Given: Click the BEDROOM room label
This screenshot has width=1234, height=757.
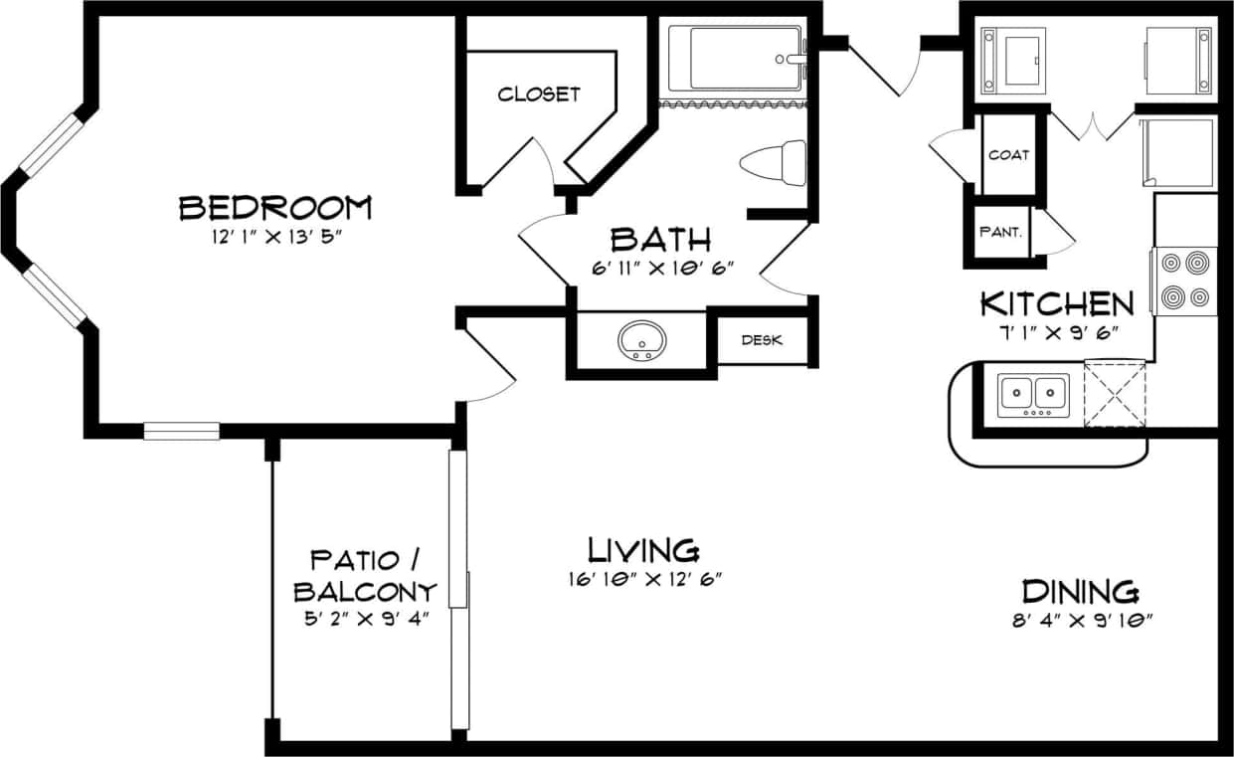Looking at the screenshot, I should tap(274, 208).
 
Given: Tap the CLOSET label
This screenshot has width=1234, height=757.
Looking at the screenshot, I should tap(538, 95).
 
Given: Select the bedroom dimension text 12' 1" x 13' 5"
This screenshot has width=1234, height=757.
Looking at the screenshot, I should tap(274, 238).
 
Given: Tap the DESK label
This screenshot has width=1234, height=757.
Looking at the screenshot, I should tap(762, 340).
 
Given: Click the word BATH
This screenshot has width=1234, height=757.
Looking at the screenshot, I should tap(660, 239).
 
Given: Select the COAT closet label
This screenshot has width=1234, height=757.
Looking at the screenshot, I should tap(1008, 155).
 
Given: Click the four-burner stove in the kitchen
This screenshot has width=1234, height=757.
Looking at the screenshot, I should tap(1185, 281).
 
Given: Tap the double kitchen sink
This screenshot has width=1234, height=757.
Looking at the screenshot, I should tap(1034, 396).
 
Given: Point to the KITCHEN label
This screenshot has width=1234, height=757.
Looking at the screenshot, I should tap(1057, 302).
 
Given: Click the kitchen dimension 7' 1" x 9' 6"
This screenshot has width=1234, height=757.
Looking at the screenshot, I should tap(1057, 331).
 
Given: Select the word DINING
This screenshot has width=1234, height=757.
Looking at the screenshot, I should tap(1081, 592).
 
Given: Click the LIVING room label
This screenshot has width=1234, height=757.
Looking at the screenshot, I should tap(643, 549).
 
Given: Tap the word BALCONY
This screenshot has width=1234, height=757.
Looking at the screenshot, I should tap(365, 592).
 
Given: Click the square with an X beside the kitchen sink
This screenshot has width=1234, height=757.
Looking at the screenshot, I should tap(1115, 394).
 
